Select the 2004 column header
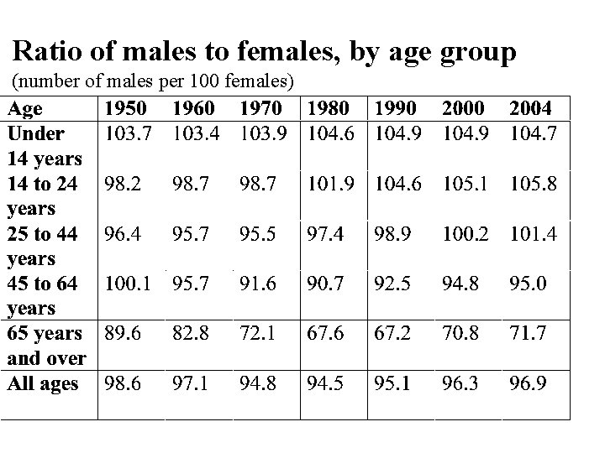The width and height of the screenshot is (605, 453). (531, 108)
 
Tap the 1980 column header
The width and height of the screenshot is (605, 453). (329, 108)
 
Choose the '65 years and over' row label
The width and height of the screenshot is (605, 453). (45, 346)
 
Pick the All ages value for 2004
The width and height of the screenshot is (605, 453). (528, 384)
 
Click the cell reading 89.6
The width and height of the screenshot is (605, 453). (123, 334)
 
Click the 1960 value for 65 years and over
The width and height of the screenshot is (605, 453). (191, 334)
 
